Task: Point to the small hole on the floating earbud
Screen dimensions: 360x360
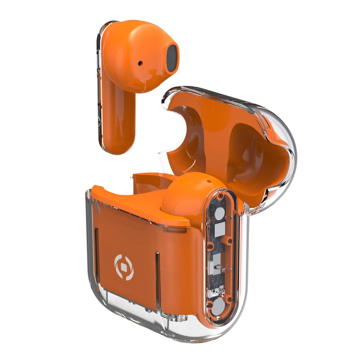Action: pyautogui.click(x=140, y=63)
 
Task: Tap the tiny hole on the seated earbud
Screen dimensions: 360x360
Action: pyautogui.click(x=209, y=183)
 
